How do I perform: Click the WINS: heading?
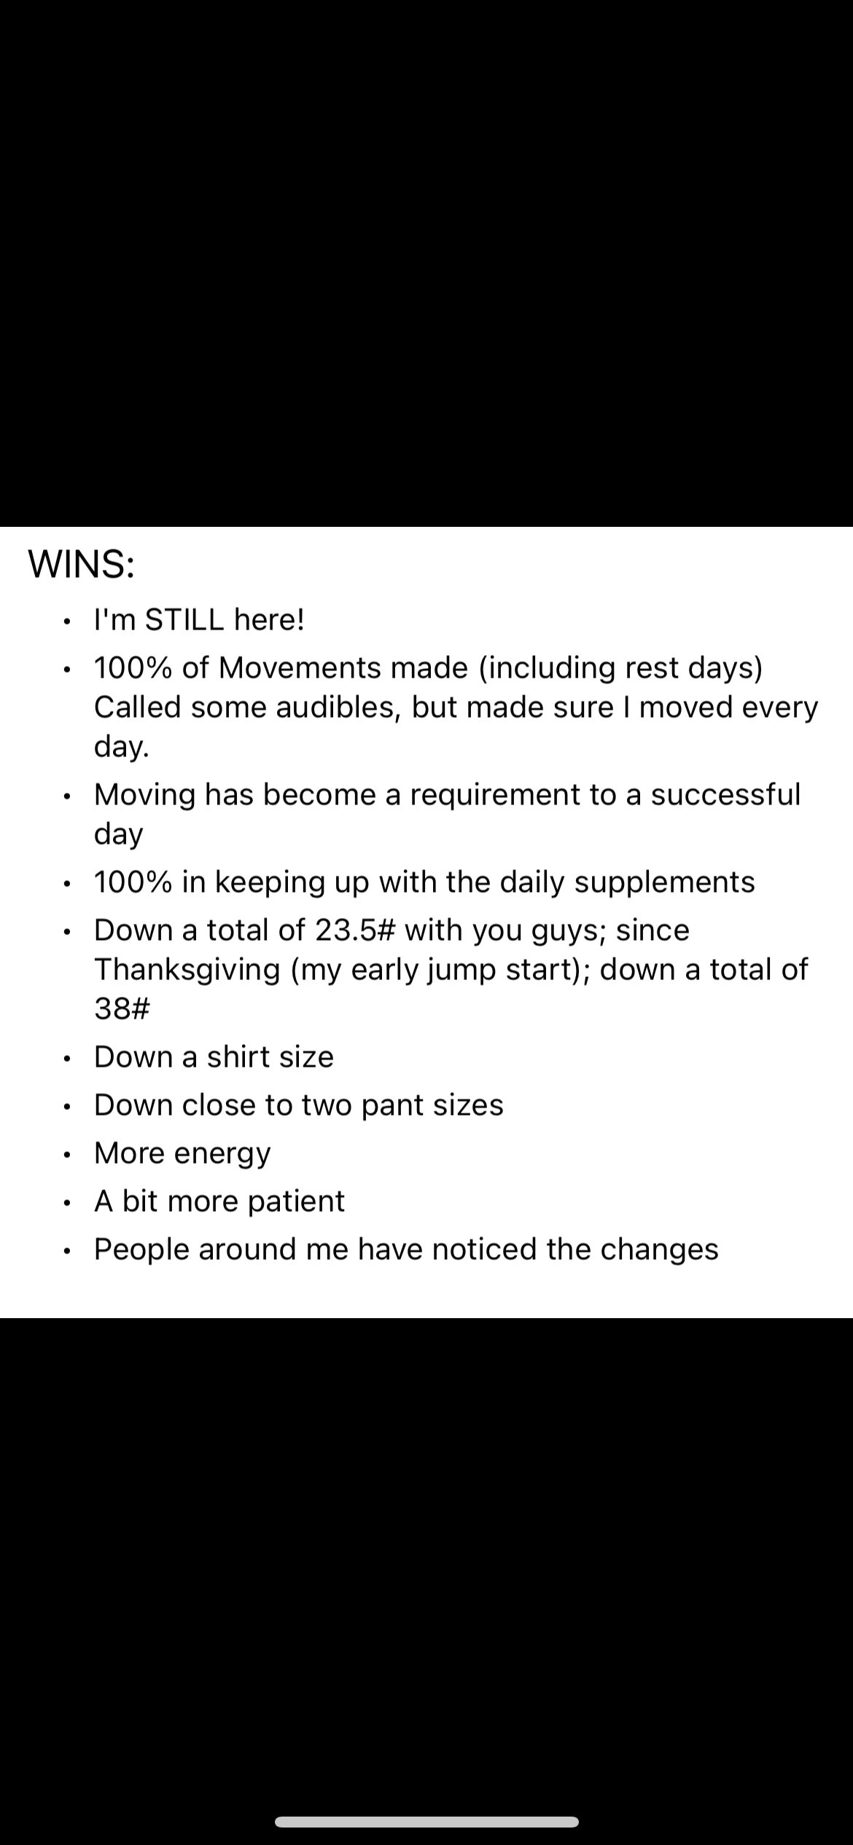click(x=81, y=564)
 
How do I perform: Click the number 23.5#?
click(x=355, y=930)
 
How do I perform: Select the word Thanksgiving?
click(x=187, y=970)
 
